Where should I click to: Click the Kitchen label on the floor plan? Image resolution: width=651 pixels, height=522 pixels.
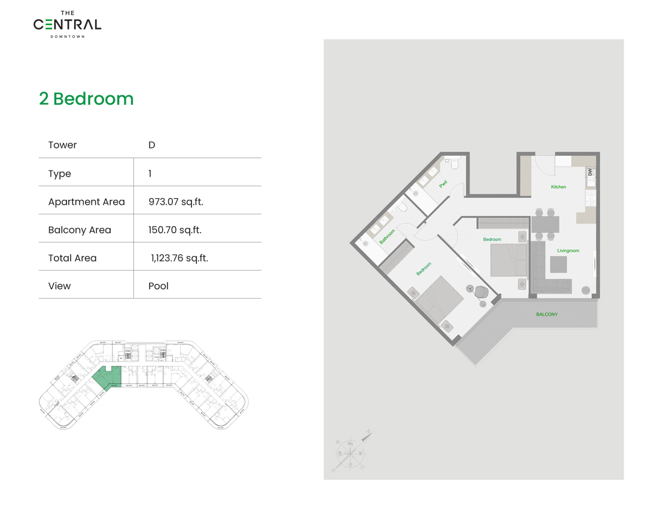(558, 187)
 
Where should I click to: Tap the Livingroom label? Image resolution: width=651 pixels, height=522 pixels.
(568, 251)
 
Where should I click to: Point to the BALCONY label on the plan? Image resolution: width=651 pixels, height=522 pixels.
(546, 314)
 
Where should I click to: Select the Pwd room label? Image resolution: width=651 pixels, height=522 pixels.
(443, 184)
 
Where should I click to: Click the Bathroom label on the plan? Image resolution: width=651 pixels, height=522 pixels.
(387, 236)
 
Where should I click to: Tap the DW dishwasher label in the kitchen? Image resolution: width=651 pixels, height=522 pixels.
(590, 172)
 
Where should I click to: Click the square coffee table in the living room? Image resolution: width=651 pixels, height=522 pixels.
(558, 265)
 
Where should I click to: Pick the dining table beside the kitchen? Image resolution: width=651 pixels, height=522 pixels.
(545, 224)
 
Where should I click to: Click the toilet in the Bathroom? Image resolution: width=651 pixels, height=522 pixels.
(403, 207)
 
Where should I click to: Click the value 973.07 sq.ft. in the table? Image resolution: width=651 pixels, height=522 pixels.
(176, 202)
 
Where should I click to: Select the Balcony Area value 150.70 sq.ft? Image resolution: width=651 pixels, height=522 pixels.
(175, 230)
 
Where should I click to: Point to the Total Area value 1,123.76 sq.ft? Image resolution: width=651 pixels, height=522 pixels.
(180, 258)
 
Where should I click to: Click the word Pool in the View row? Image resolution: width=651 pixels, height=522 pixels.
(159, 286)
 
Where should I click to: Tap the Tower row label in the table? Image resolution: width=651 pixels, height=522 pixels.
(63, 145)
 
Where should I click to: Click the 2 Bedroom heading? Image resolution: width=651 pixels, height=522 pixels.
(86, 99)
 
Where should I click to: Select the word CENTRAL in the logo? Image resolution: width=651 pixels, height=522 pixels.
(67, 25)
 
